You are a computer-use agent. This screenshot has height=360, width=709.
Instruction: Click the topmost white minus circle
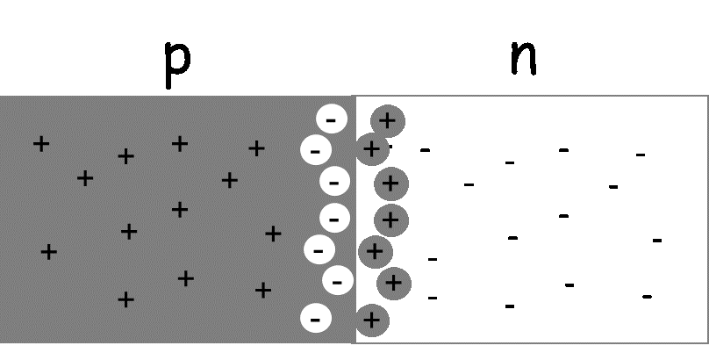[x=332, y=119]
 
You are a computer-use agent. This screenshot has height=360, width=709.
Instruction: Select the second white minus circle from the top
[x=316, y=150]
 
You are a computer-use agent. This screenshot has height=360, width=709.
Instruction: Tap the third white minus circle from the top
[x=334, y=182]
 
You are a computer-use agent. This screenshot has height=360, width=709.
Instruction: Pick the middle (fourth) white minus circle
[x=334, y=218]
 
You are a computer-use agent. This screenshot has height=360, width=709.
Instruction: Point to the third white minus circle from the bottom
[x=319, y=249]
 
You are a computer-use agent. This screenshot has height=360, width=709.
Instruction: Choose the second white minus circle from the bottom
[x=338, y=281]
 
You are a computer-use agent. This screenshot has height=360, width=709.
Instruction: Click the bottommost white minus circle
[x=316, y=318]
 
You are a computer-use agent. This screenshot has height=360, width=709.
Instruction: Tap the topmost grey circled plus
[x=388, y=121]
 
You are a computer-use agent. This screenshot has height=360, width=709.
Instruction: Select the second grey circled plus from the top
[x=372, y=149]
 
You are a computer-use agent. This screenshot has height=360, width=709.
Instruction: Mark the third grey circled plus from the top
[x=391, y=184]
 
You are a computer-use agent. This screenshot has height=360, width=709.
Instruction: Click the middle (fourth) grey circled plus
[x=391, y=220]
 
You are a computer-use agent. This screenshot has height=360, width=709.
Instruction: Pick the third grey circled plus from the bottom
[x=376, y=252]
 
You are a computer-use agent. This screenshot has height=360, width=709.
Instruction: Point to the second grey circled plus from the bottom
[x=394, y=283]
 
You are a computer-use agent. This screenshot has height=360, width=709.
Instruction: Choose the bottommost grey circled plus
[x=372, y=320]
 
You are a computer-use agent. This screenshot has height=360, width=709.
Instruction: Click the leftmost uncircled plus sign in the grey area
[x=41, y=143]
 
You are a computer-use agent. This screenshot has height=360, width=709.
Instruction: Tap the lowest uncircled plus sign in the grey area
[x=125, y=299]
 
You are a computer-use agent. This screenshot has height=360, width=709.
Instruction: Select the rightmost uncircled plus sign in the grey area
[x=273, y=233]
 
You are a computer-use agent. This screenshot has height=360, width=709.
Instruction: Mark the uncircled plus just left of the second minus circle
[x=256, y=148]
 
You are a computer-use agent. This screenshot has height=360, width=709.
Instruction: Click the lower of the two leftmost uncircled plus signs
[x=49, y=252]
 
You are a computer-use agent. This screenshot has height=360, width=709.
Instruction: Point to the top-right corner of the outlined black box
[x=707, y=96]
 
